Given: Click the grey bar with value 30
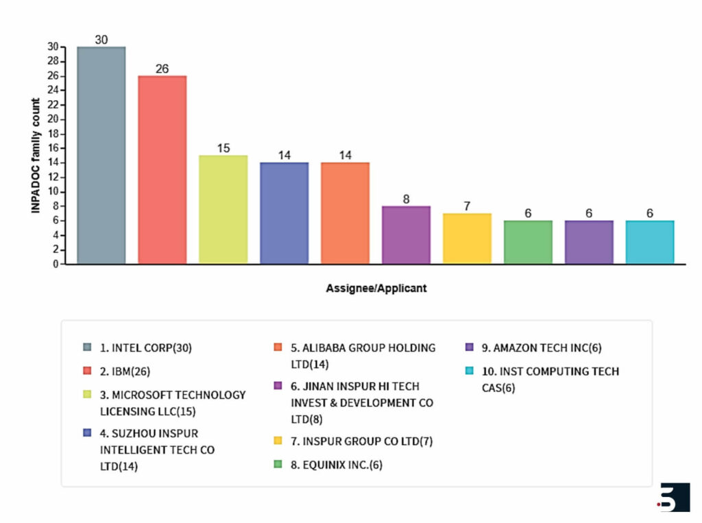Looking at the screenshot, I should (x=101, y=156).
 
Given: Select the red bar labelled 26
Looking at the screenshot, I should (x=162, y=170).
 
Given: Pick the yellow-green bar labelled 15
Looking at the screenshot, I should (x=223, y=210).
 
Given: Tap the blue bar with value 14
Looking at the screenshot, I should (x=284, y=213).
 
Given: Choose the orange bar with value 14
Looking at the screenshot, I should (x=345, y=213).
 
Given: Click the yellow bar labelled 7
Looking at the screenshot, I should (x=467, y=239).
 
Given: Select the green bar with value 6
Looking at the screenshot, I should (x=528, y=242).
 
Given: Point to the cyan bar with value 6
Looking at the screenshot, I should (x=650, y=242).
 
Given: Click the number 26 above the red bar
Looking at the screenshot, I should (x=162, y=69).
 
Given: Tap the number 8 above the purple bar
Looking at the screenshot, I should (x=406, y=199).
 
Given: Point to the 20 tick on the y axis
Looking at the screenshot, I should (x=53, y=119).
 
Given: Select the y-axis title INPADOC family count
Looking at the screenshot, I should (x=36, y=156).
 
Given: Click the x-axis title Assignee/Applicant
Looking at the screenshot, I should (x=376, y=289).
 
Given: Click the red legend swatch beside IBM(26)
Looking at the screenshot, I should (x=86, y=372).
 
